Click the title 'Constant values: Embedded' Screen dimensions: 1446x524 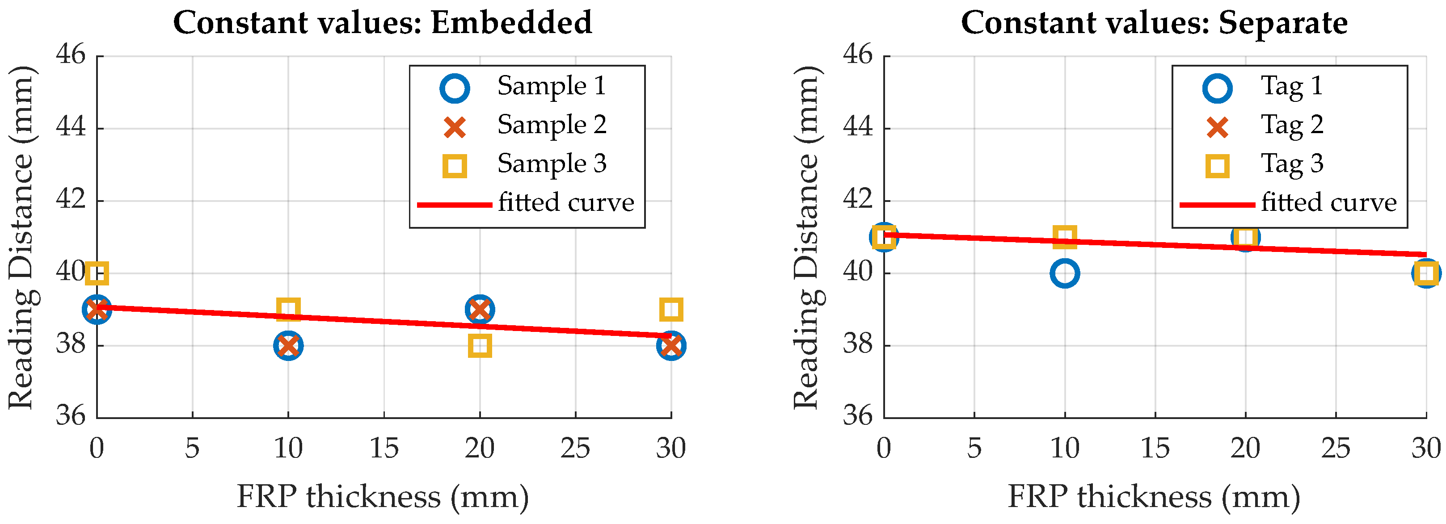[382, 23]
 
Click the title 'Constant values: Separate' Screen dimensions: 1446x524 [1154, 23]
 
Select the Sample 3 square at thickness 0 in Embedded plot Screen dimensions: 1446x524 [97, 273]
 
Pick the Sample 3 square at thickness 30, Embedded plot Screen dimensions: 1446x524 [671, 309]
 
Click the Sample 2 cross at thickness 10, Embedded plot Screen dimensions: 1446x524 [288, 346]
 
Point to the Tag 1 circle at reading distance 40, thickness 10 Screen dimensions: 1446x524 [1065, 273]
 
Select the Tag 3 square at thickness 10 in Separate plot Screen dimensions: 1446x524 [1065, 237]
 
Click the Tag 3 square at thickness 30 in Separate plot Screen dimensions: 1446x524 [1426, 273]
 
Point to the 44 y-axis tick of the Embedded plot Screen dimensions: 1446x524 [71, 127]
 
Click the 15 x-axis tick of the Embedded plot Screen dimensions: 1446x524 [384, 448]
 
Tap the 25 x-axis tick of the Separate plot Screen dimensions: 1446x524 [1336, 448]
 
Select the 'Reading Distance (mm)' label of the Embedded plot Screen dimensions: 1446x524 [21, 237]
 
